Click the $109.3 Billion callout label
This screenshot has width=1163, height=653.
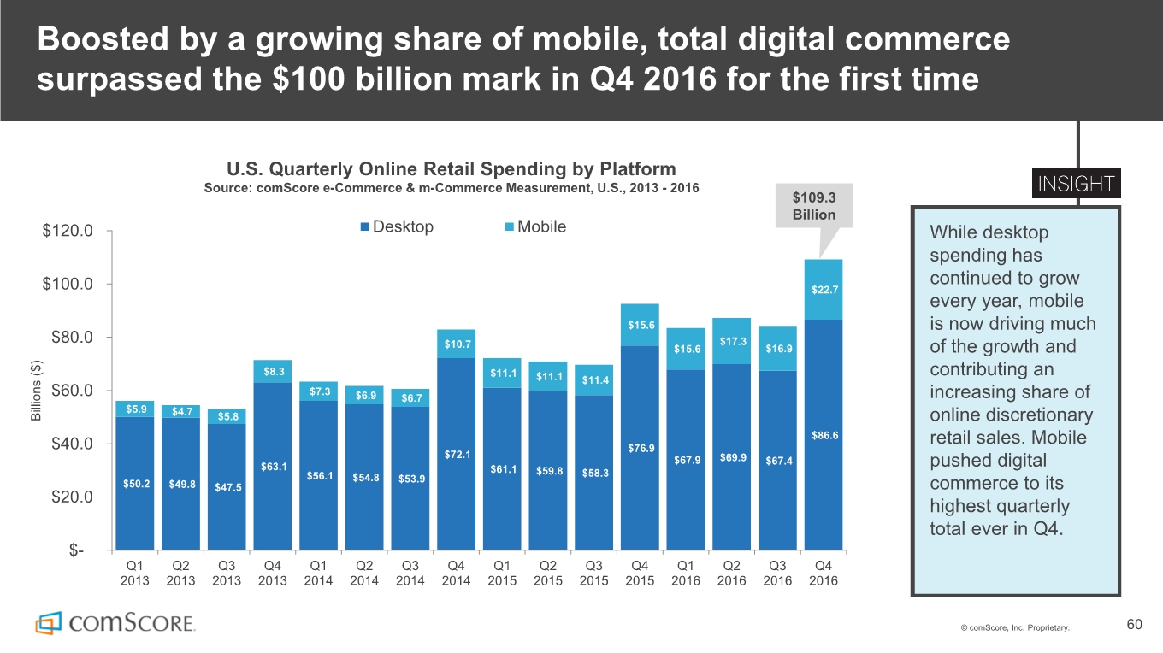pos(813,205)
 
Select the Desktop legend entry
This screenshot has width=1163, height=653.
pos(397,226)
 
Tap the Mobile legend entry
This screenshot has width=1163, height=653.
pos(535,226)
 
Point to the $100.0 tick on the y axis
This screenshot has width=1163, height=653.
pos(68,284)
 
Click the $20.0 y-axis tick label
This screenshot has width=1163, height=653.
pos(72,497)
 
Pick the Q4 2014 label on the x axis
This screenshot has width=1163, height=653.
pos(456,573)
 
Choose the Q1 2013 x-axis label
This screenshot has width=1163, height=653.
pos(134,573)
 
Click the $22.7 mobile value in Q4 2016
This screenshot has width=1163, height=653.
pos(824,290)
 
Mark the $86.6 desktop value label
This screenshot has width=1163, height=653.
pos(824,436)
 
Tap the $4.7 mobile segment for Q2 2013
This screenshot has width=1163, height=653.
pos(181,412)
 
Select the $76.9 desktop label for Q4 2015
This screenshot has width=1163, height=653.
pos(641,448)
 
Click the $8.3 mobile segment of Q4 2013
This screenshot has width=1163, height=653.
pos(273,372)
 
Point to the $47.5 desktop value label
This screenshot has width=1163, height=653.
pos(228,487)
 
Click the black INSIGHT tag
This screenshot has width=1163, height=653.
pos(1077,183)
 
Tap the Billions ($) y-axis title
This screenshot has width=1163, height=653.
pos(36,391)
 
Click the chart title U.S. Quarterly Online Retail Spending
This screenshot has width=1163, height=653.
pos(452,169)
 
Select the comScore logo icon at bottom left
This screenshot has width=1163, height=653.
pos(48,622)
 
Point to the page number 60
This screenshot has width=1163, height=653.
pos(1135,624)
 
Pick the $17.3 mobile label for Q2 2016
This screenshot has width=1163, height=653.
pos(733,342)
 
